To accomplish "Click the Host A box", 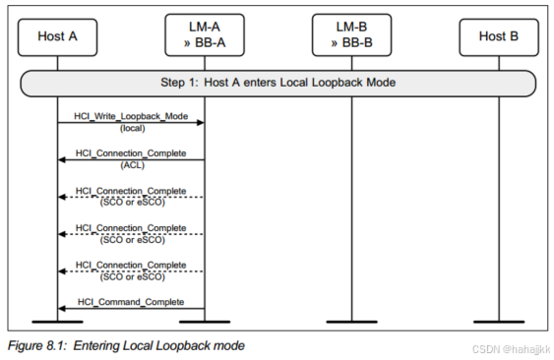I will coord(57,36).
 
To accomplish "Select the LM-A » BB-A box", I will coord(205,36).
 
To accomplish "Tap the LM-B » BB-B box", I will coord(352,36).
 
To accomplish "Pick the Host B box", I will coord(499,36).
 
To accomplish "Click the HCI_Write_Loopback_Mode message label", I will coord(131,116).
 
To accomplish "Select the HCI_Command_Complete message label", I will coord(131,301).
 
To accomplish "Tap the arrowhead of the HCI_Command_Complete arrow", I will coord(62,308).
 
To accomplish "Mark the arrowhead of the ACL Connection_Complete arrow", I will coord(62,159).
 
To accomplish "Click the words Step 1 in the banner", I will coord(182,83).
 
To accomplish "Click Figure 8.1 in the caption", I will coord(41,345).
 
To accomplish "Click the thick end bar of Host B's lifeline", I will coord(499,322).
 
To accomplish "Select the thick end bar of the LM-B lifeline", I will coord(352,322).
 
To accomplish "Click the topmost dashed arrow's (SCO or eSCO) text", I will coord(131,203).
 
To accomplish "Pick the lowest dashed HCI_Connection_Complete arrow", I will coord(131,270).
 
